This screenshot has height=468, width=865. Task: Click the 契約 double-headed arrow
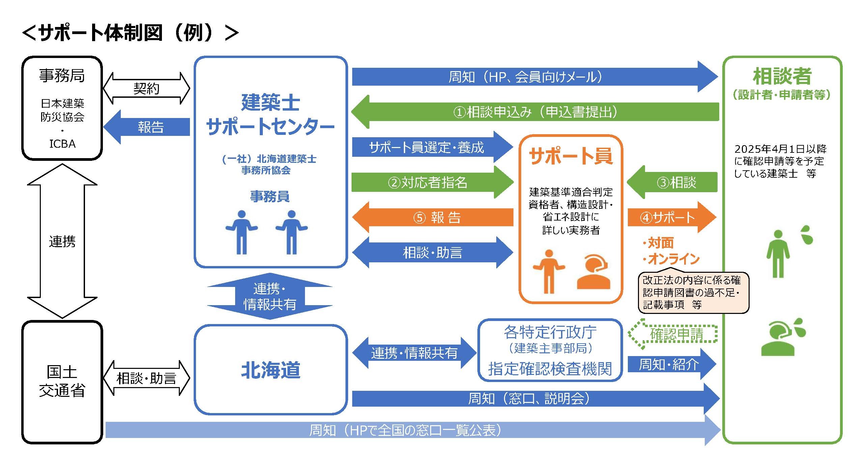click(146, 88)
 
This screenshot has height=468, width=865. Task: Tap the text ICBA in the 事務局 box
click(62, 144)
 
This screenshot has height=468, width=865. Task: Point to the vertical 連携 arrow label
click(62, 241)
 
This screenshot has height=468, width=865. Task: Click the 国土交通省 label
click(62, 381)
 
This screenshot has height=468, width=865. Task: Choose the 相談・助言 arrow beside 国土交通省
click(146, 378)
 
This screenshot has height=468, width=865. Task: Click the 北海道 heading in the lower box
click(271, 370)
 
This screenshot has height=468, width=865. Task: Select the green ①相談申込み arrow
click(535, 112)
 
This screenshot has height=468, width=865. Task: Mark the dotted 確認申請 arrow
click(673, 334)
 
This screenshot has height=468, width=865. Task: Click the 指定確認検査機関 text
click(550, 369)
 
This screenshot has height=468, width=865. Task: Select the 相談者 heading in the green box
click(782, 76)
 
